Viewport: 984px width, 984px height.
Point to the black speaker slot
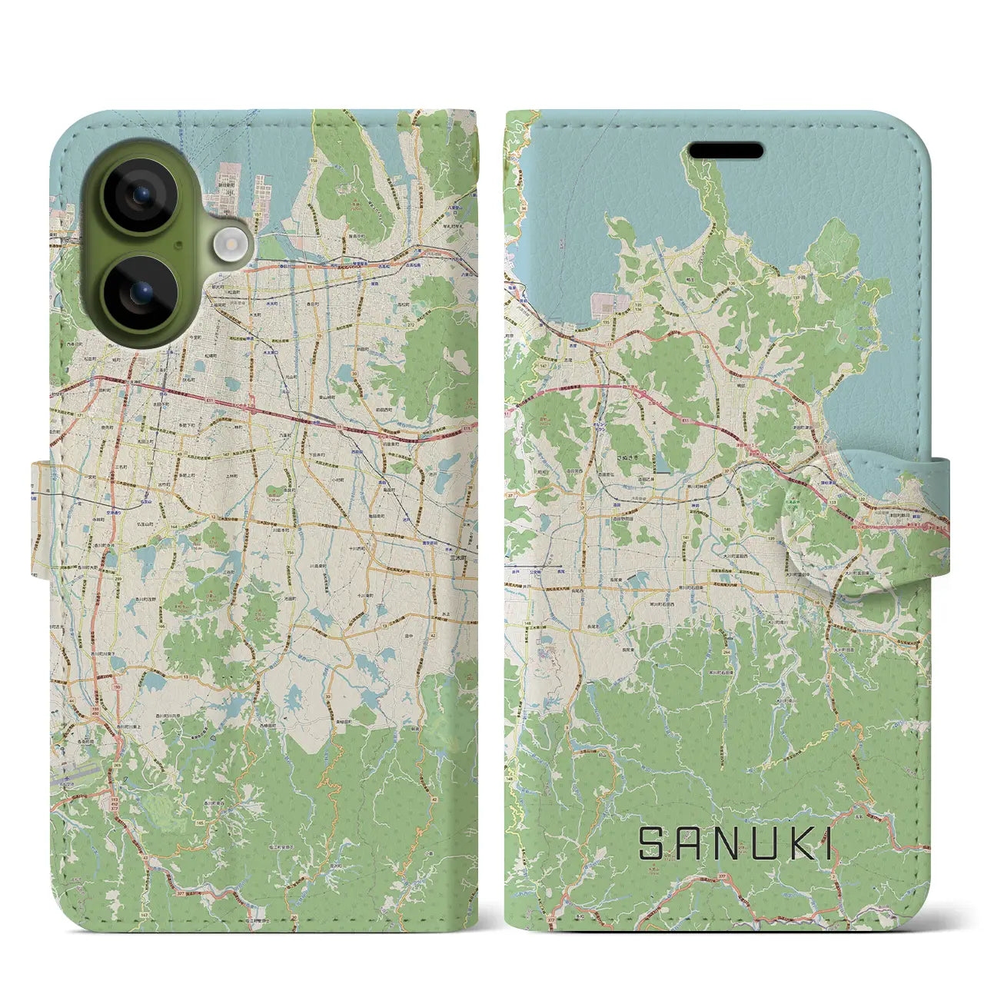(x=725, y=150)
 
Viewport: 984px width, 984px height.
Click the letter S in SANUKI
(x=651, y=843)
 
